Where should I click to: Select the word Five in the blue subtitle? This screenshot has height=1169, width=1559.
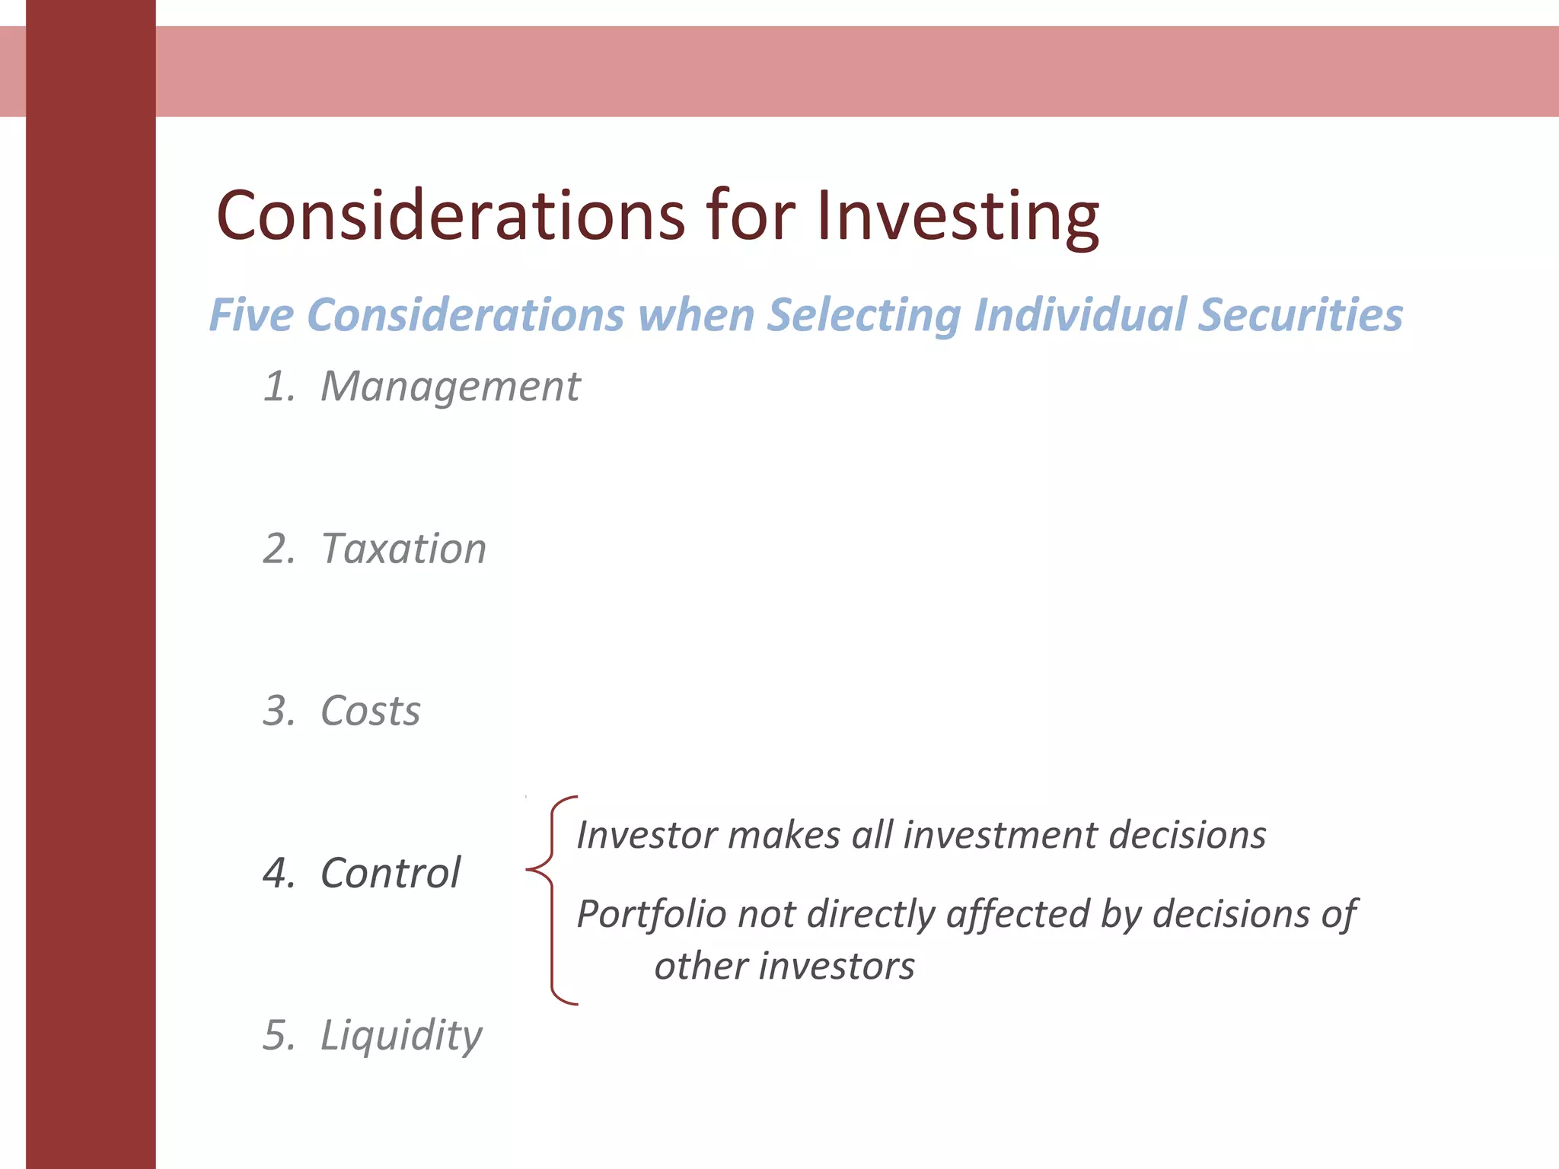pyautogui.click(x=251, y=315)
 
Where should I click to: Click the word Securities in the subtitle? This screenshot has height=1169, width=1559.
pyautogui.click(x=1299, y=315)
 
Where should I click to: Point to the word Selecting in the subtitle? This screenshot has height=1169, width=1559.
pyautogui.click(x=863, y=315)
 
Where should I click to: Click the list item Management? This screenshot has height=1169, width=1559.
pyautogui.click(x=450, y=387)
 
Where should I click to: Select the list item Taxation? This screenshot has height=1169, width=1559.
pyautogui.click(x=403, y=549)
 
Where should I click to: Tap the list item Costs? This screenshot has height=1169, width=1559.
pyautogui.click(x=370, y=711)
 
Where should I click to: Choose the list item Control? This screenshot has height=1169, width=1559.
pyautogui.click(x=391, y=873)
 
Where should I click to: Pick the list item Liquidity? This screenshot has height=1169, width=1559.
pyautogui.click(x=401, y=1036)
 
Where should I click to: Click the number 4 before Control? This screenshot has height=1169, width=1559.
pyautogui.click(x=277, y=873)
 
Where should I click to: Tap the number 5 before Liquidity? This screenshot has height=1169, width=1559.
pyautogui.click(x=277, y=1036)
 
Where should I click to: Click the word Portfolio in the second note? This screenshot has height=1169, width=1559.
pyautogui.click(x=651, y=914)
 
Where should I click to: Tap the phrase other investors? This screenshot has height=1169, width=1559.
pyautogui.click(x=784, y=967)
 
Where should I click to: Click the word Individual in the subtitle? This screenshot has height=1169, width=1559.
pyautogui.click(x=1079, y=315)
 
